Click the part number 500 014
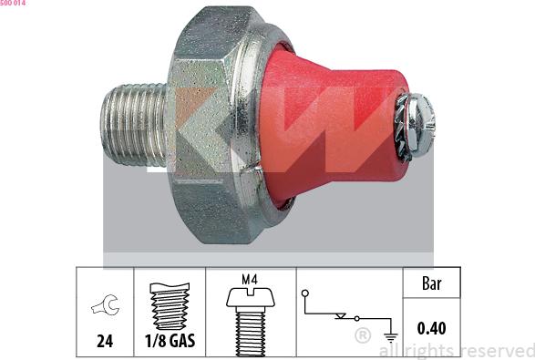[x=14, y=5]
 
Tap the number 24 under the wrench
[x=104, y=344]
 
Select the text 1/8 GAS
[x=170, y=344]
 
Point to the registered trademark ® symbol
[x=361, y=337]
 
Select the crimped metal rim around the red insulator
[x=262, y=128]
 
